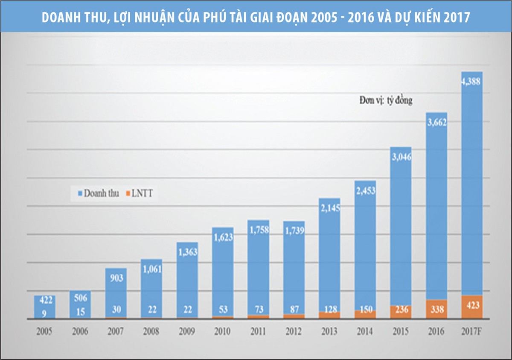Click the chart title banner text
[x=256, y=18]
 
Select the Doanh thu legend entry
[x=98, y=193]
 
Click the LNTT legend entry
[x=140, y=193]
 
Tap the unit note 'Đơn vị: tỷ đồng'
[x=385, y=101]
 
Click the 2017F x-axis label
[x=471, y=331]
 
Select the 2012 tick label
[x=294, y=331]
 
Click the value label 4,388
[x=471, y=82]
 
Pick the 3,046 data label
[x=401, y=157]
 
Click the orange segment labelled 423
[x=471, y=306]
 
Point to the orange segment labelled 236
[x=401, y=311]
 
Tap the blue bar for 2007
[x=116, y=295]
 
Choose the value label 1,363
[x=187, y=252]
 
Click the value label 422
[x=45, y=300]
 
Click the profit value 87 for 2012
[x=294, y=309]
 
